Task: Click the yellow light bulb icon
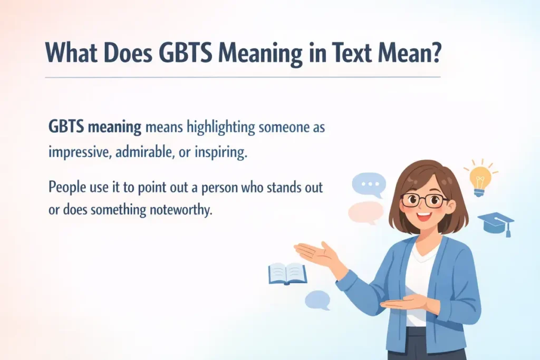click(x=480, y=177)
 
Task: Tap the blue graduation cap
click(x=496, y=224)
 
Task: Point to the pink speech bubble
click(x=365, y=212)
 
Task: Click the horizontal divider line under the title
click(x=243, y=77)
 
